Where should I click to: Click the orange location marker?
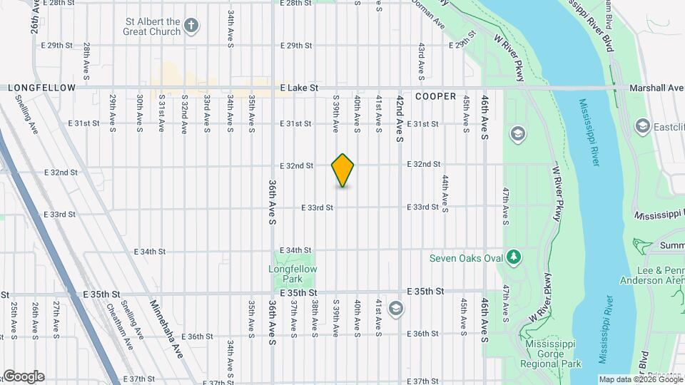tap(343, 170)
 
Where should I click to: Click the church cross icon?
tap(191, 26)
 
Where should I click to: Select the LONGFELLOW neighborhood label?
tap(41, 88)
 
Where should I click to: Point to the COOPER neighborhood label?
tap(435, 96)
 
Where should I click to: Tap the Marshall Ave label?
tap(656, 88)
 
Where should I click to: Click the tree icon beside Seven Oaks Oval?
tap(513, 257)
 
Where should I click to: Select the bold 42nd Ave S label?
tap(400, 118)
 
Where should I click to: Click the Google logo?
tap(23, 376)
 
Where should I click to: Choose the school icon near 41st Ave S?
tap(396, 309)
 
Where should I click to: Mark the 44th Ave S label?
tap(445, 194)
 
